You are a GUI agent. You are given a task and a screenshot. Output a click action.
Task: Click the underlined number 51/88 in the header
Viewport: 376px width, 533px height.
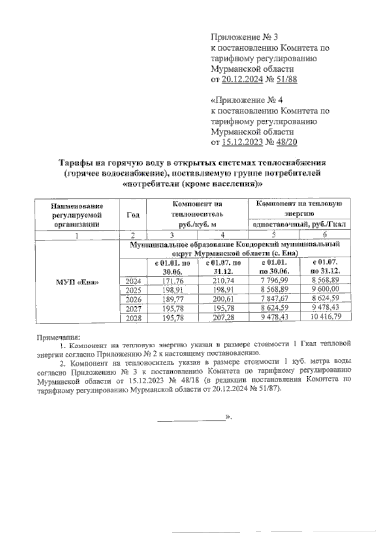click(x=286, y=80)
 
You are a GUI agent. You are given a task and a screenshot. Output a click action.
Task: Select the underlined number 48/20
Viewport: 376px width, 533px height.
click(x=286, y=142)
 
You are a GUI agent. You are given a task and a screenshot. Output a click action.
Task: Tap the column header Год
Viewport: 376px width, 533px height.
click(x=133, y=215)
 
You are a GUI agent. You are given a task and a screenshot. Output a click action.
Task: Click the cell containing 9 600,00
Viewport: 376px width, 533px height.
click(x=325, y=289)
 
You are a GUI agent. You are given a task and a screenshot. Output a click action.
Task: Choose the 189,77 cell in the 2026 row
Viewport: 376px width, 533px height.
click(x=173, y=299)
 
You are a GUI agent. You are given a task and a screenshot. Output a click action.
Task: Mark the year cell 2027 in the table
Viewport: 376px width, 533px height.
click(x=133, y=309)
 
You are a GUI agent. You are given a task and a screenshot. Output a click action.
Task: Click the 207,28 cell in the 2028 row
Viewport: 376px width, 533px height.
click(x=223, y=318)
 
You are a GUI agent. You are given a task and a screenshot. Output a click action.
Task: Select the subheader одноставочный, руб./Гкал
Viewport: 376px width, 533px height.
click(x=299, y=224)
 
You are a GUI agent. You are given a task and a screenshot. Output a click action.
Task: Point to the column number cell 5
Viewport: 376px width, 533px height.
click(x=274, y=235)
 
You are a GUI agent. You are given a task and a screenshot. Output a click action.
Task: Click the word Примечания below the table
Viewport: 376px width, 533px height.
click(x=59, y=338)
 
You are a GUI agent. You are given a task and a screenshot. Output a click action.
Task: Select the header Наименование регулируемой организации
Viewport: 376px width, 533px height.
click(x=77, y=215)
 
